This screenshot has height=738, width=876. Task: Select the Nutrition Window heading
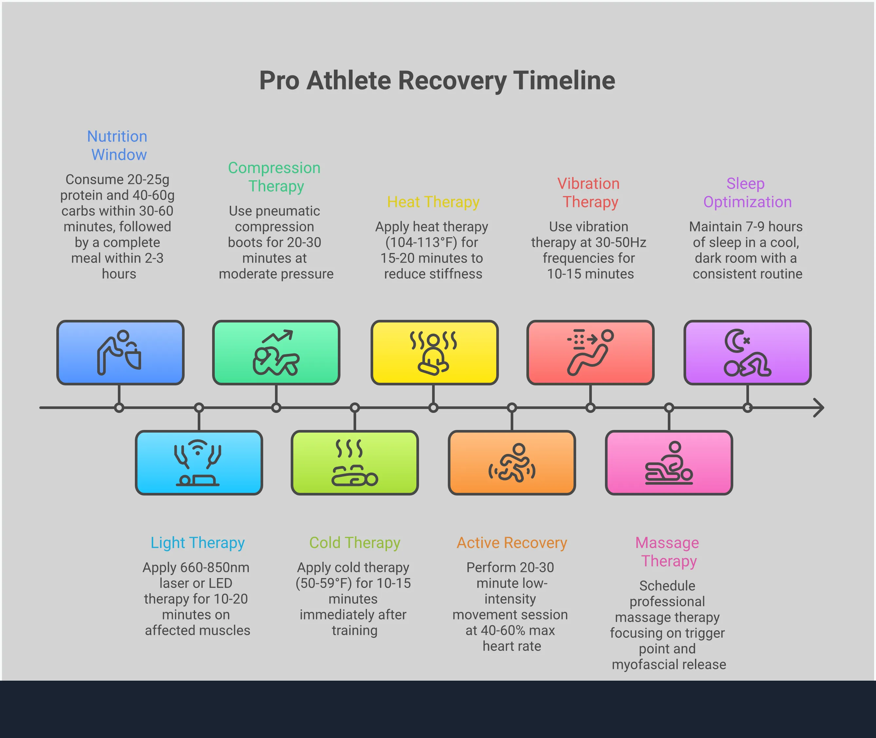tap(118, 145)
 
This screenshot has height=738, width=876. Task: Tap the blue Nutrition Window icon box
tap(120, 352)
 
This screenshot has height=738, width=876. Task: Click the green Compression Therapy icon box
tap(276, 352)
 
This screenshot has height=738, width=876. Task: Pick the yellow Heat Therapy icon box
tap(434, 352)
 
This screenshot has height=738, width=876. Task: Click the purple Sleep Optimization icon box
tap(747, 352)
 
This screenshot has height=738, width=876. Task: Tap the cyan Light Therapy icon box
tap(199, 462)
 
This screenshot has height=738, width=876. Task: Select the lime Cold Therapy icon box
tap(355, 462)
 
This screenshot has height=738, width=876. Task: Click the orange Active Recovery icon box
tap(512, 462)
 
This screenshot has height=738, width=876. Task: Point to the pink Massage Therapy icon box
tap(669, 462)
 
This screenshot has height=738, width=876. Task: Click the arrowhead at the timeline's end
tap(819, 407)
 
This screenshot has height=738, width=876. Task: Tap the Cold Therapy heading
tap(355, 543)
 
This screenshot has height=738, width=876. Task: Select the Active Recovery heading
tap(512, 543)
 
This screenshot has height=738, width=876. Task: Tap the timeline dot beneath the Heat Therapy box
tap(433, 407)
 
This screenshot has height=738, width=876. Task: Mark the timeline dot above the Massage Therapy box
tap(669, 407)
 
